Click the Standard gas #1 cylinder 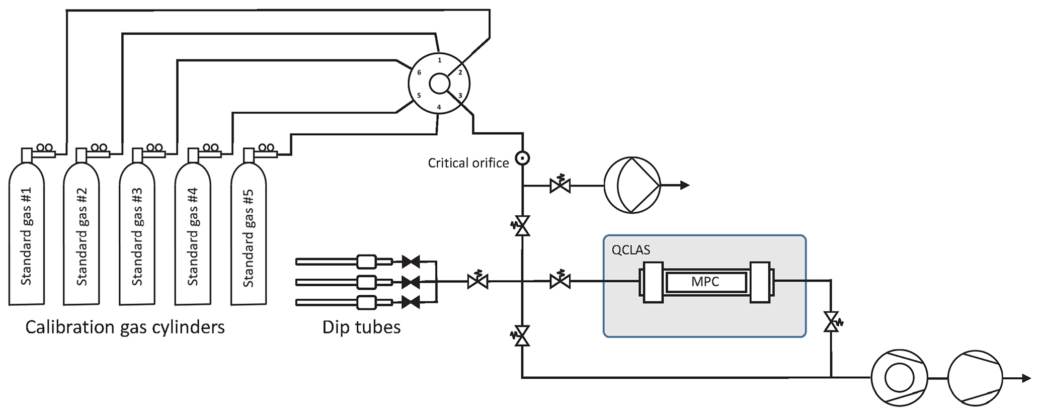click(x=27, y=236)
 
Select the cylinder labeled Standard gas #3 click(x=137, y=236)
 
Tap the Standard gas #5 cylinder click(x=249, y=236)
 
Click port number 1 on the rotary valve click(x=439, y=60)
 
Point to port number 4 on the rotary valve click(x=439, y=107)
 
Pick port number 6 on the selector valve click(x=419, y=72)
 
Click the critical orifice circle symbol click(x=523, y=158)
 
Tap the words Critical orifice click(x=468, y=163)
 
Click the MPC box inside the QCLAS click(x=705, y=282)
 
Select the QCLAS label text click(x=630, y=249)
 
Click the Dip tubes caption click(x=361, y=327)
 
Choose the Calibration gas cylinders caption click(x=125, y=327)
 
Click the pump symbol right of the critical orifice click(x=632, y=186)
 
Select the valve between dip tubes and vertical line click(x=477, y=281)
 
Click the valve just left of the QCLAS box click(x=560, y=281)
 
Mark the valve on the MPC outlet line click(x=831, y=322)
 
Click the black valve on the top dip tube click(x=411, y=262)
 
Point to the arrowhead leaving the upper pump click(x=684, y=186)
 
